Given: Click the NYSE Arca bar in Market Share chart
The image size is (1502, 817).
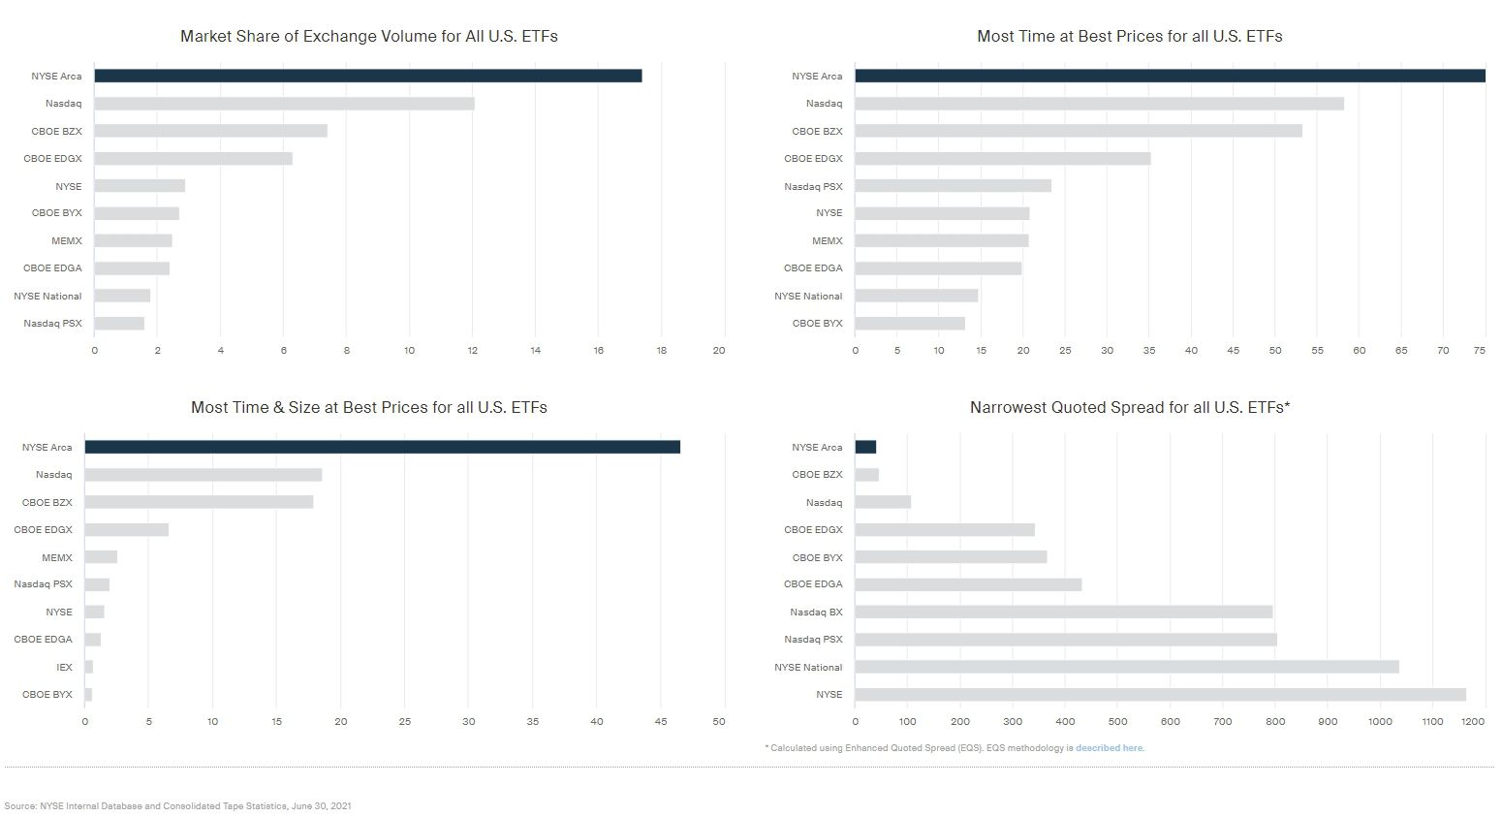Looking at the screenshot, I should click(x=368, y=76).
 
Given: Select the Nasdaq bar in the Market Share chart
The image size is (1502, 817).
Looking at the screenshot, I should click(x=284, y=104).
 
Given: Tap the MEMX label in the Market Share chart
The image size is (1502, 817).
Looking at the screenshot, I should click(x=67, y=240).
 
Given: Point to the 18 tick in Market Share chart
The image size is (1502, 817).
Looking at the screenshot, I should click(x=661, y=351).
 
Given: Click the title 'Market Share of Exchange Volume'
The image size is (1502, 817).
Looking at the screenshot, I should click(x=368, y=37).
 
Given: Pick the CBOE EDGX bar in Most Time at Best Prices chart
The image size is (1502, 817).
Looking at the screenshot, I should click(x=1002, y=158).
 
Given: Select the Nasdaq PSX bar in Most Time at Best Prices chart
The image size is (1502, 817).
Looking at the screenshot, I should click(x=953, y=186).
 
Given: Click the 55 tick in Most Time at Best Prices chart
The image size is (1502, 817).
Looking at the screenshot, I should click(x=1317, y=351).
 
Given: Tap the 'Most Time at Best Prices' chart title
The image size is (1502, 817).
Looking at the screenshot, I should click(x=1129, y=37).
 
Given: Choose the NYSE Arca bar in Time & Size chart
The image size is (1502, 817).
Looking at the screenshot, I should click(x=382, y=447).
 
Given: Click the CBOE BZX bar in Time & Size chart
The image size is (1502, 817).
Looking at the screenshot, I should click(x=199, y=502).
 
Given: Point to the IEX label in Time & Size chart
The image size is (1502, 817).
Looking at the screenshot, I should click(x=64, y=667).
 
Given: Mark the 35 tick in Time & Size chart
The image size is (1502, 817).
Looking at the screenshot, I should click(x=533, y=722).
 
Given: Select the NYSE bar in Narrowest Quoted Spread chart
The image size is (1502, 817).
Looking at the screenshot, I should click(x=1160, y=695).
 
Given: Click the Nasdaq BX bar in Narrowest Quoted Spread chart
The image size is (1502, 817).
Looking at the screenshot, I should click(x=1063, y=613).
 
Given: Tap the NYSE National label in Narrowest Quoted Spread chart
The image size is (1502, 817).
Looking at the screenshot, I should click(x=808, y=667).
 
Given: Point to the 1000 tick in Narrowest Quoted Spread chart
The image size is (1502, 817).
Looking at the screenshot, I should click(x=1380, y=722).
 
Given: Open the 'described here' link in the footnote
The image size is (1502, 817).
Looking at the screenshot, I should click(x=1110, y=748).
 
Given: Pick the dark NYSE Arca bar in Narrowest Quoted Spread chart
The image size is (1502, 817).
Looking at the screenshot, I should click(x=865, y=447).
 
